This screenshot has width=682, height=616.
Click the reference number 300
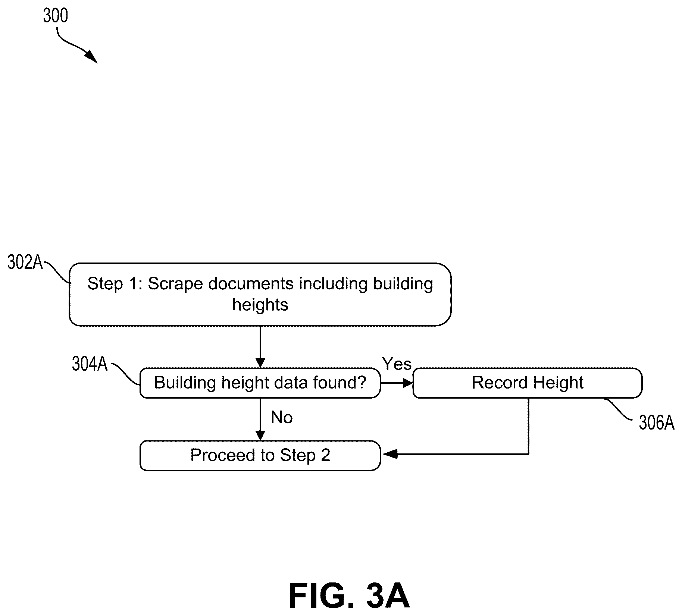(56, 16)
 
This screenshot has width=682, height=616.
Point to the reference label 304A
(90, 364)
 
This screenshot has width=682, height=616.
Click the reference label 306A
(657, 423)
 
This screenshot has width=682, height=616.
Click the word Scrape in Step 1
(175, 284)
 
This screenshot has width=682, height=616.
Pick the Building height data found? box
(260, 383)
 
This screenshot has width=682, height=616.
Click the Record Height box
(528, 383)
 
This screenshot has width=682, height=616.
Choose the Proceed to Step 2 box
(260, 456)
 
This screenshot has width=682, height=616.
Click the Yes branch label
(397, 364)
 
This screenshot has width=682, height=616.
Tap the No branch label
(282, 418)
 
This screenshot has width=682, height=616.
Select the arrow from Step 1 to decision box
(260, 347)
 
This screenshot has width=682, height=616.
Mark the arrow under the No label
(260, 419)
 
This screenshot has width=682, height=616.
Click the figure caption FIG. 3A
(350, 595)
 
